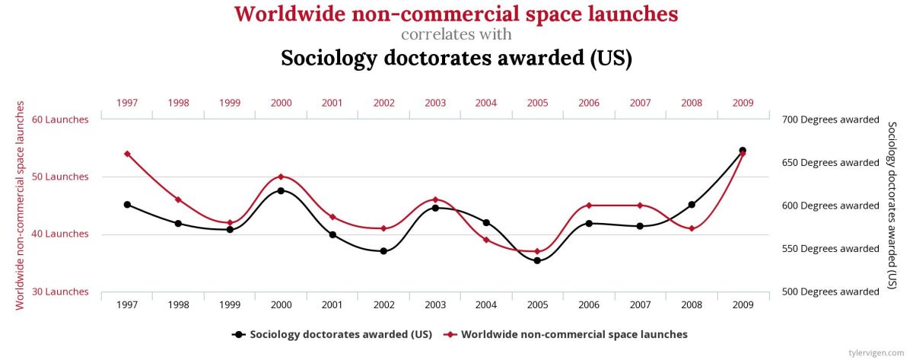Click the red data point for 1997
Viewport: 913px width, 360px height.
pos(127,154)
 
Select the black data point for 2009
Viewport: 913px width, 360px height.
pos(743,151)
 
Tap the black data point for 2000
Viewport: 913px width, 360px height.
pos(281,190)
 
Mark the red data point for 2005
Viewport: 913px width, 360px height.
pos(537,251)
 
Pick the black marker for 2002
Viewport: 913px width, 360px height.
pos(383,251)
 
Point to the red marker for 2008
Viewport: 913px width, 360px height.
pos(691,228)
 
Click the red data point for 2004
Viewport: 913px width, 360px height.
pos(486,240)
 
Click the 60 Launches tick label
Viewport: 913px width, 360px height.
pos(61,119)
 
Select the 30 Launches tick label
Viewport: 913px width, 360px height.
pos(61,292)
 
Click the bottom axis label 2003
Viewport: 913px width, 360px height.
pos(435,304)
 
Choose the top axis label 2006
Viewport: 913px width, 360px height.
pos(589,102)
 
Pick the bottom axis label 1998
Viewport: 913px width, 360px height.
pos(178,304)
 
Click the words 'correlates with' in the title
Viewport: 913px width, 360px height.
pos(456,34)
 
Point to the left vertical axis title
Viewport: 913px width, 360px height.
pos(21,205)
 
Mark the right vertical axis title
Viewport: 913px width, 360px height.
pos(892,205)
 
